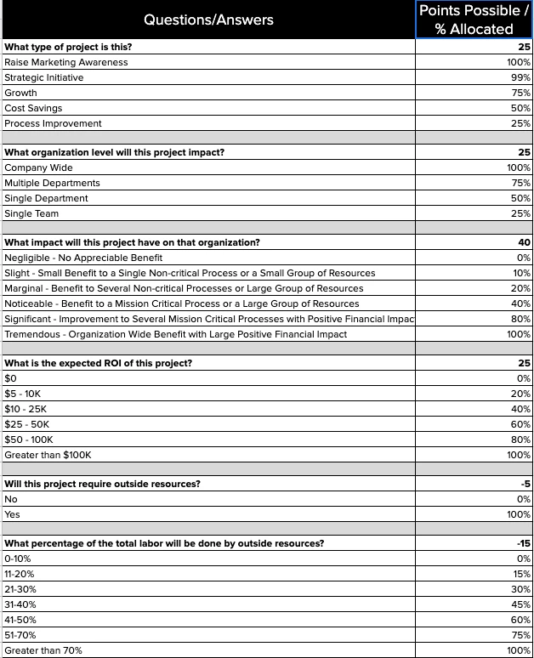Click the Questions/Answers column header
(x=208, y=20)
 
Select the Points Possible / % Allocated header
(x=474, y=20)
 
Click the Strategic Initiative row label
(x=44, y=77)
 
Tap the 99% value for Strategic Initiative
(x=519, y=77)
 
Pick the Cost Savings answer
(x=33, y=108)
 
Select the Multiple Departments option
(x=52, y=183)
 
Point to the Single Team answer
(x=31, y=213)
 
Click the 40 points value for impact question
(x=524, y=242)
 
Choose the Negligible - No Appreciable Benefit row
(x=83, y=258)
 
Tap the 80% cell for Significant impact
(x=519, y=319)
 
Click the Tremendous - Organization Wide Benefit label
(x=175, y=334)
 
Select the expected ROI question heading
(x=98, y=363)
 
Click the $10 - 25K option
(x=26, y=409)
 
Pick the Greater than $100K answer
(x=48, y=455)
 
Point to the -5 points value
(x=525, y=484)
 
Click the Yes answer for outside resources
(x=12, y=514)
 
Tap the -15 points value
(x=524, y=543)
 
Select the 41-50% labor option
(x=20, y=620)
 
